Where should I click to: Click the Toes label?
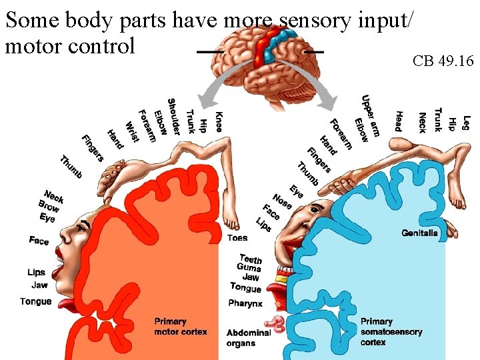[x=237, y=237]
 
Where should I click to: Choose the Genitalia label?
[x=420, y=233]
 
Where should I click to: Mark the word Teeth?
[x=251, y=259]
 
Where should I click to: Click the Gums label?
[x=249, y=267]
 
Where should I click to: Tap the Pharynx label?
[x=245, y=303]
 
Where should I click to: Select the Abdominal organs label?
[x=248, y=337]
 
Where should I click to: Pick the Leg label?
[x=466, y=123]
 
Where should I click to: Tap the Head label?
[x=398, y=121]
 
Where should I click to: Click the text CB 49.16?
[x=443, y=62]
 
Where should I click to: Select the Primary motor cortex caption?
[x=180, y=327]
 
